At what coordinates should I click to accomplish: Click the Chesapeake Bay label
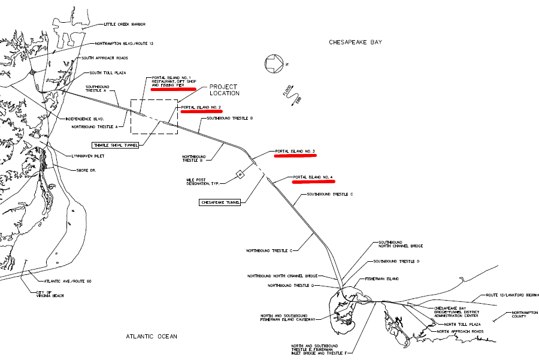pyautogui.click(x=355, y=42)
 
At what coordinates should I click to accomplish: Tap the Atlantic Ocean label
pyautogui.click(x=152, y=336)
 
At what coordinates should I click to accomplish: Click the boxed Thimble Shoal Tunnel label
pyautogui.click(x=115, y=144)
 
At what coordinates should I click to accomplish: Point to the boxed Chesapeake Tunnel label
pyautogui.click(x=219, y=202)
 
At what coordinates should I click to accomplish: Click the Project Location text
pyautogui.click(x=225, y=90)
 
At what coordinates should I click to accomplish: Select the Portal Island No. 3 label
pyautogui.click(x=295, y=151)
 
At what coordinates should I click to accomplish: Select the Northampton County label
pyautogui.click(x=518, y=314)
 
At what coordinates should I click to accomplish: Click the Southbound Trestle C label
pyautogui.click(x=330, y=195)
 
